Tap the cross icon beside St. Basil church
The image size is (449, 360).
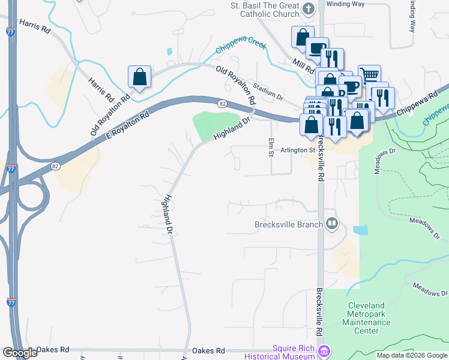point(309,8)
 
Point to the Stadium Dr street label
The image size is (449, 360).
point(268,91)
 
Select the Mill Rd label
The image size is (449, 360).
point(304,65)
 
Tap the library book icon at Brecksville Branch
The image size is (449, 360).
point(332,225)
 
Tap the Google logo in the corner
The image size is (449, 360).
point(20,353)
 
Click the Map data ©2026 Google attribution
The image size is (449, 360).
point(412,355)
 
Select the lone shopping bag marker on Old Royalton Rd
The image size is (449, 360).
point(139,77)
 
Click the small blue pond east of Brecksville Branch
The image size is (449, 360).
point(360,230)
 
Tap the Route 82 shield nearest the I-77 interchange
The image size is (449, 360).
point(56,164)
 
